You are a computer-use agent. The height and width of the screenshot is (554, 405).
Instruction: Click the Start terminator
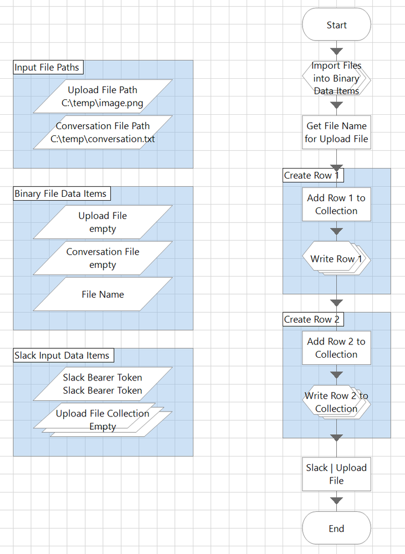pos(336,25)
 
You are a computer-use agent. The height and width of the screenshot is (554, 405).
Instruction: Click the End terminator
pos(336,528)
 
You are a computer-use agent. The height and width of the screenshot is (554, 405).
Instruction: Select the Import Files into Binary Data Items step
pos(336,78)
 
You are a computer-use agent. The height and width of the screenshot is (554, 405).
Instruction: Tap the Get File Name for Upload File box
pos(336,133)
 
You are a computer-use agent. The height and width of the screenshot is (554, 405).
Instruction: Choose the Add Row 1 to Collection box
pos(336,204)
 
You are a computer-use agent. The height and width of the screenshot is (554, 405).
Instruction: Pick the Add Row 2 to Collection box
pos(336,348)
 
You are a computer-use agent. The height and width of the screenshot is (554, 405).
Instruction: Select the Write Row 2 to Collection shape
pos(335,402)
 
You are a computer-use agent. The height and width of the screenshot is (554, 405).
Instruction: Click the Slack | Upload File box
pos(336,474)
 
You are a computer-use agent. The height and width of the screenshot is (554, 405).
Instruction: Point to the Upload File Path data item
pos(102,96)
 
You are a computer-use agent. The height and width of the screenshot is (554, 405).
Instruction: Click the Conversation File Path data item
pos(102,133)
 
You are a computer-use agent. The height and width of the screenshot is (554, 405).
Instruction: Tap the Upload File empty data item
pos(102,222)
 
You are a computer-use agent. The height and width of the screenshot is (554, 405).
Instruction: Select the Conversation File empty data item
pos(102,258)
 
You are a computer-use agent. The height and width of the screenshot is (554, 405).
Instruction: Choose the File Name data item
pos(102,294)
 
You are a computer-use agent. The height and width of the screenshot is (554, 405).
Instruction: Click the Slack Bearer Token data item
pos(102,384)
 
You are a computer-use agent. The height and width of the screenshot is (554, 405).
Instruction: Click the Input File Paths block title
pos(48,68)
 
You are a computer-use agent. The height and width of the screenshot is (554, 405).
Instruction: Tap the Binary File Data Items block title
pos(61,194)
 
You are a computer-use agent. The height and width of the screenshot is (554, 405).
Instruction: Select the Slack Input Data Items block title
pos(63,355)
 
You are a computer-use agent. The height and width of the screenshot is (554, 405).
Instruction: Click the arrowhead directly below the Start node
pos(336,52)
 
